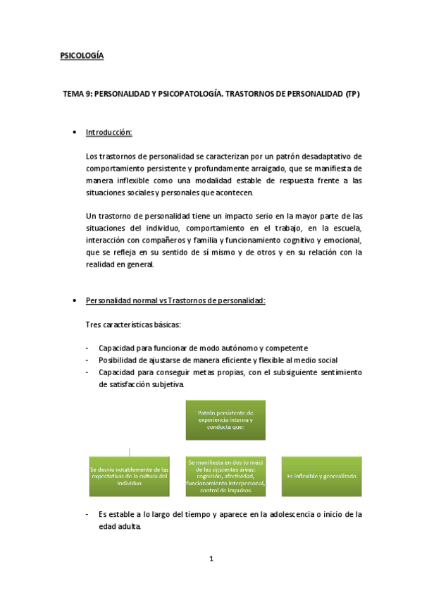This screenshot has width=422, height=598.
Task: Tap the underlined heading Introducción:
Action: pyautogui.click(x=108, y=133)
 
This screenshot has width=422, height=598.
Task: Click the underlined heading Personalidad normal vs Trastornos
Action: pyautogui.click(x=175, y=301)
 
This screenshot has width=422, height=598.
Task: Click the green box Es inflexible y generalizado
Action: pyautogui.click(x=322, y=477)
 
